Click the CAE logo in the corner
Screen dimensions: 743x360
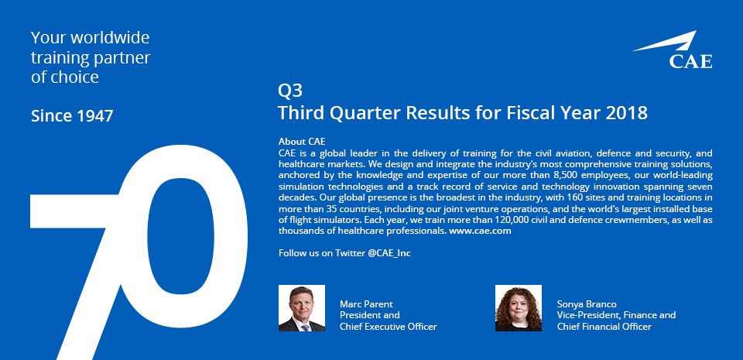tap(673, 50)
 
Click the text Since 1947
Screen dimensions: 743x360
tap(72, 115)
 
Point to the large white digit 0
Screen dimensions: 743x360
tap(185, 236)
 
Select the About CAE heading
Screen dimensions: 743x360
tap(302, 142)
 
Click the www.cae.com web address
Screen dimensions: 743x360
tap(480, 231)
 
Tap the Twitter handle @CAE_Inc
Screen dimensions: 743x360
tap(389, 253)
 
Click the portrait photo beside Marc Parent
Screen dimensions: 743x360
tap(302, 308)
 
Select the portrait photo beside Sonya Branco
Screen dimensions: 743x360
tap(519, 308)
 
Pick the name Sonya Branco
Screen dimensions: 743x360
tap(587, 304)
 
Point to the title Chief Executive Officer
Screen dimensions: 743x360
tap(388, 327)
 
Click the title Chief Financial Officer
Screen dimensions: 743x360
tap(604, 327)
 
